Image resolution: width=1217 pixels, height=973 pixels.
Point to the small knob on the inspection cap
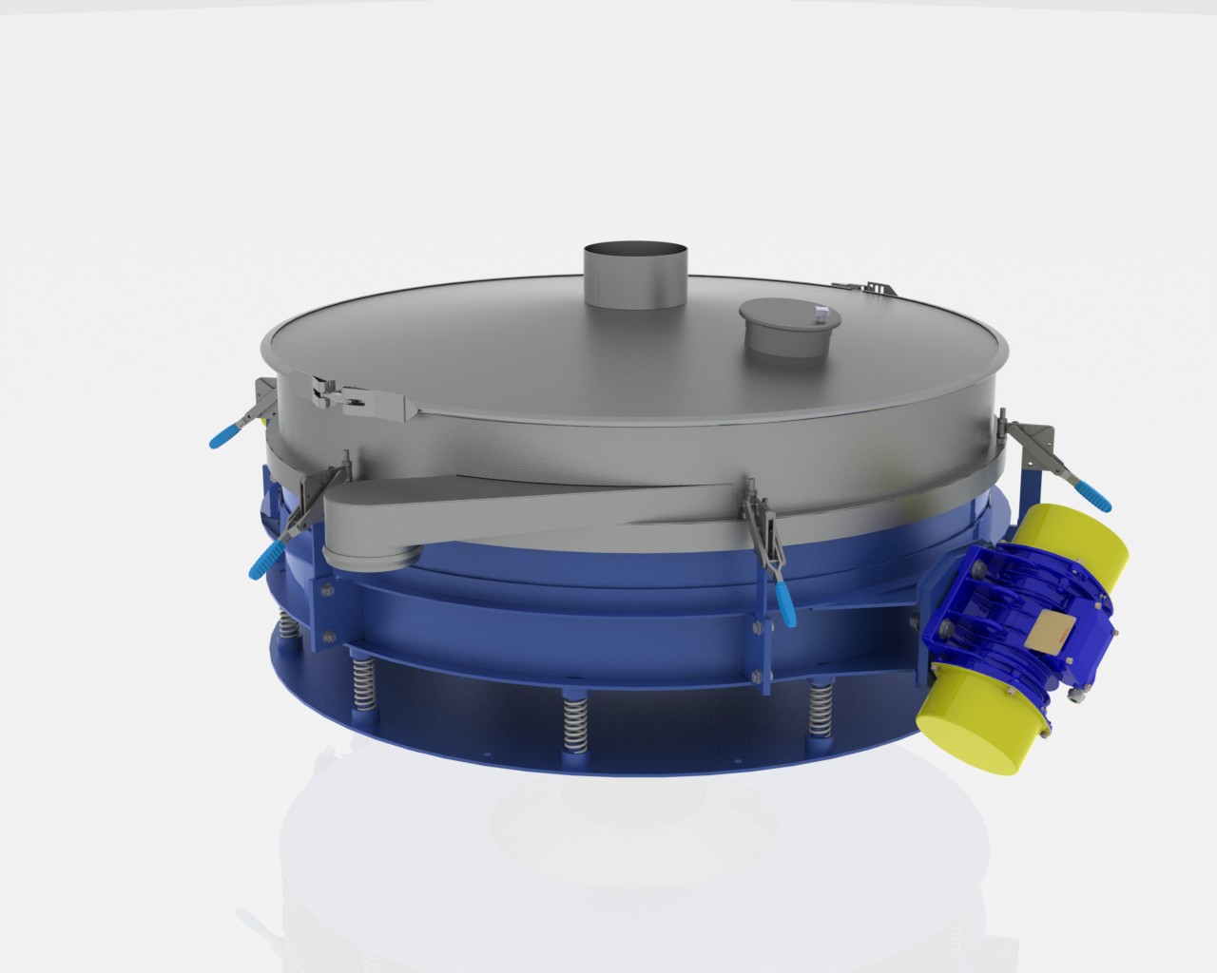(820, 311)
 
